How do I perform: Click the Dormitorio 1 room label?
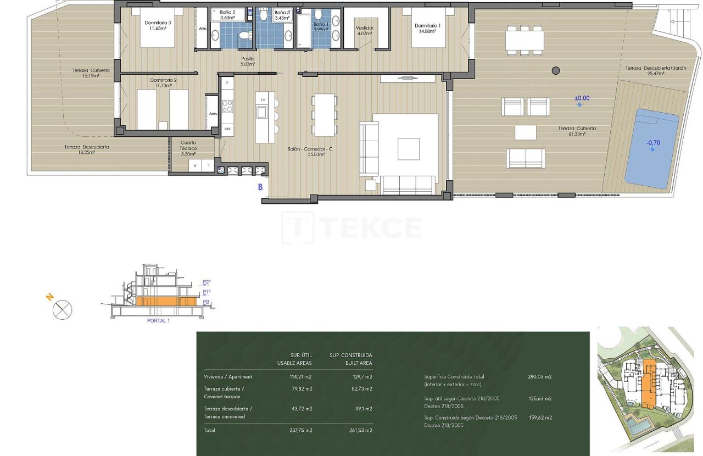[426, 29]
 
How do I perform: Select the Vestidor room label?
[364, 30]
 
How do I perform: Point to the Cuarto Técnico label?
[188, 148]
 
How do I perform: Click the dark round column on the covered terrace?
[556, 70]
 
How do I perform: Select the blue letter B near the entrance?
[260, 187]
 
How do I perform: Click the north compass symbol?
[62, 310]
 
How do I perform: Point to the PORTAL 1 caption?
[159, 321]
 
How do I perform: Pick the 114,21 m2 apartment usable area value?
[302, 377]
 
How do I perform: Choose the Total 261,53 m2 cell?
[361, 430]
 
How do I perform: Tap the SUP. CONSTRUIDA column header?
[350, 359]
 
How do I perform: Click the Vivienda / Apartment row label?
[228, 377]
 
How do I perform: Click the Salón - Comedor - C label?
[306, 152]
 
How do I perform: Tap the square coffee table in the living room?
[408, 148]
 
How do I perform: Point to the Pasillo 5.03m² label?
[248, 61]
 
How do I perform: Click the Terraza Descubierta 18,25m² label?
[86, 149]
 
